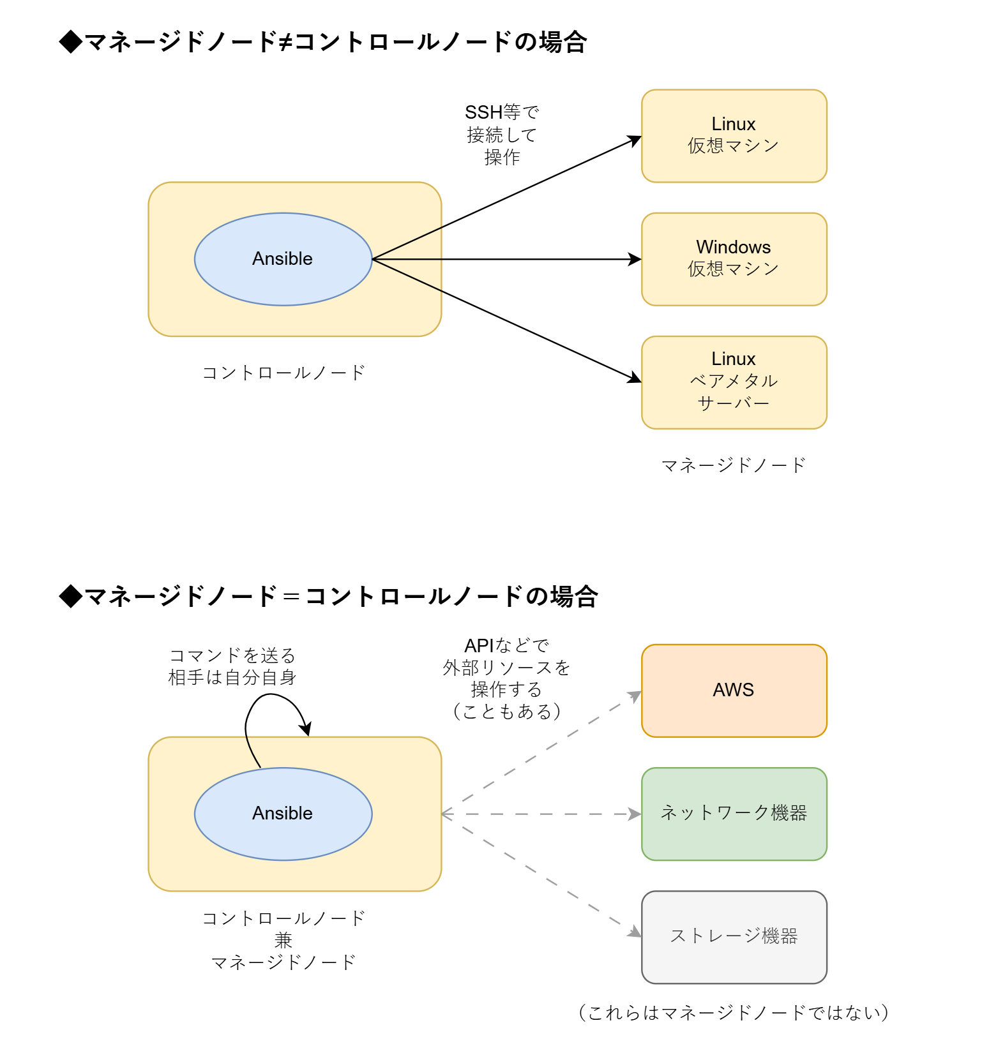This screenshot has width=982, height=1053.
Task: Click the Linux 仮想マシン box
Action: pos(734,136)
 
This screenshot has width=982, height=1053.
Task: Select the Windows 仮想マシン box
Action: pos(734,259)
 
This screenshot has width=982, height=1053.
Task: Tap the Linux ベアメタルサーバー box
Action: pos(734,382)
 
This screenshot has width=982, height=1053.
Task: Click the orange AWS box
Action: pos(734,691)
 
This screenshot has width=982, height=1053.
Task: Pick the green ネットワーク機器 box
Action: pos(734,814)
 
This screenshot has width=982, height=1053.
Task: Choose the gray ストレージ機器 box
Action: pos(734,937)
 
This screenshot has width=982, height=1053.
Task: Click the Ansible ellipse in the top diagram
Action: pos(283,259)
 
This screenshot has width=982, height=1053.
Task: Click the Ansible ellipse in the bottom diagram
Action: pos(283,814)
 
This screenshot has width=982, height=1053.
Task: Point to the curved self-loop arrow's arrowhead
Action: pos(307,729)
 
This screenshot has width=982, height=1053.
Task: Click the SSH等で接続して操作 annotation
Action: pos(502,135)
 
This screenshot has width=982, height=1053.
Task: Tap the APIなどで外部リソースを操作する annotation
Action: pos(506,678)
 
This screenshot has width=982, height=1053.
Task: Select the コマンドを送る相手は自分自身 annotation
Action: pos(232,666)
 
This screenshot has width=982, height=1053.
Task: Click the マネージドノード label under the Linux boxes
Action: pos(734,465)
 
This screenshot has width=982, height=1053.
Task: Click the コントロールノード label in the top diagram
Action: pos(283,373)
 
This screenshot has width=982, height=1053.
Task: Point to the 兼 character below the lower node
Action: pos(283,940)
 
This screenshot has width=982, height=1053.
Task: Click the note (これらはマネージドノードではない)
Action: pos(734,1013)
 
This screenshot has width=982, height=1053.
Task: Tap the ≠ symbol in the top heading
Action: pos(285,42)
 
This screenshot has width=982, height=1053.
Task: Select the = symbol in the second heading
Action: pos(291,597)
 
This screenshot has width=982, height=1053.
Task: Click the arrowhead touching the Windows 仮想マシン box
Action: pos(635,259)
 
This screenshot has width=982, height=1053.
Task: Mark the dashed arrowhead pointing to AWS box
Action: pos(635,696)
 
